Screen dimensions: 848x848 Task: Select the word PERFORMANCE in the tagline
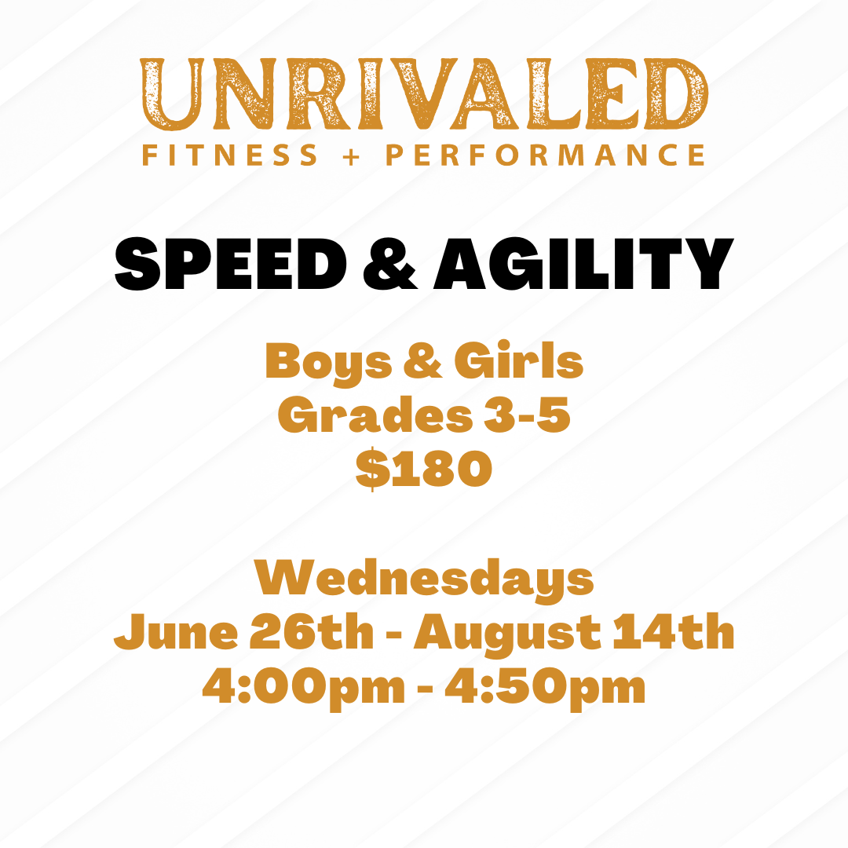tap(545, 155)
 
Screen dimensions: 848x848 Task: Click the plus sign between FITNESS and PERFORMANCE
tap(352, 155)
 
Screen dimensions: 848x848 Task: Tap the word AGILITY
tap(583, 265)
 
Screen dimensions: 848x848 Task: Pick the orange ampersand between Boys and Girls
tap(424, 363)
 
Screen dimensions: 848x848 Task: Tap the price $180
tap(424, 470)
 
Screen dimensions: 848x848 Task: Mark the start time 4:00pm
tap(303, 689)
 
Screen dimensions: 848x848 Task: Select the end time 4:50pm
tap(545, 689)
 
